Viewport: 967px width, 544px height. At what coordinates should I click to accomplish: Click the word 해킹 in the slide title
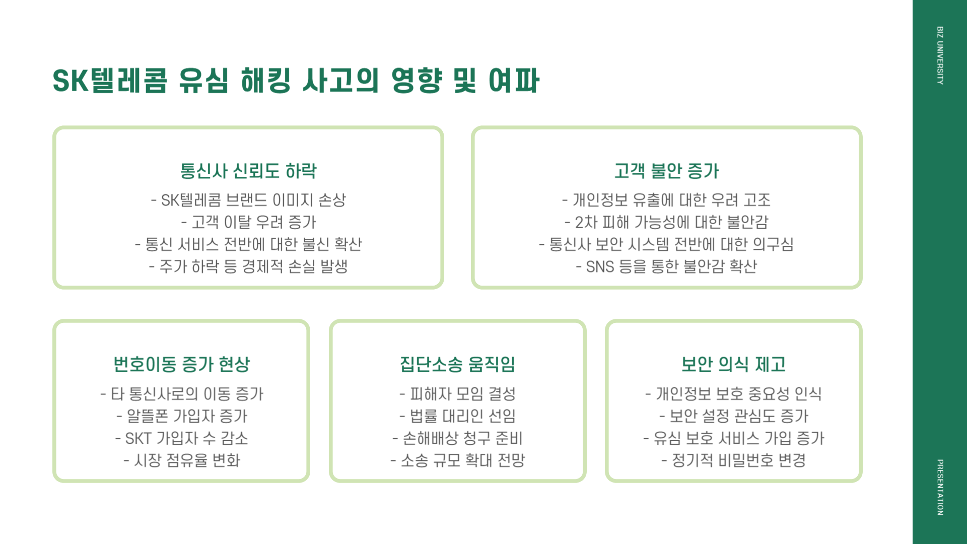click(265, 81)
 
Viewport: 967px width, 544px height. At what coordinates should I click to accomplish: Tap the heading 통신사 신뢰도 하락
click(248, 171)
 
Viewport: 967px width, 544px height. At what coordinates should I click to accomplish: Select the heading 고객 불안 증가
click(666, 171)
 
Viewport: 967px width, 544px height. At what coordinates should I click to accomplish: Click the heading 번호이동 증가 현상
click(181, 364)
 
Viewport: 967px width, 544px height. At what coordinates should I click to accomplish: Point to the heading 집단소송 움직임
click(457, 364)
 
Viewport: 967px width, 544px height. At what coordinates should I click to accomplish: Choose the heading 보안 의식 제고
click(733, 364)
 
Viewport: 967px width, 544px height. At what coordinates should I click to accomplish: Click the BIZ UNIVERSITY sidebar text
click(940, 55)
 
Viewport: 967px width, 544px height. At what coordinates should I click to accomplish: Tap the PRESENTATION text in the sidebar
click(940, 487)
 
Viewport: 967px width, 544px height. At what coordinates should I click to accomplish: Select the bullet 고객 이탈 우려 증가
click(248, 222)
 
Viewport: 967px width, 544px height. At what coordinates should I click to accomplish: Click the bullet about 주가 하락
click(248, 266)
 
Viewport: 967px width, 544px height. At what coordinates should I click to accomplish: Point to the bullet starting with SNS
click(666, 266)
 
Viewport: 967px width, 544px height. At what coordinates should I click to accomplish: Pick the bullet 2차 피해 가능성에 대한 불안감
click(666, 222)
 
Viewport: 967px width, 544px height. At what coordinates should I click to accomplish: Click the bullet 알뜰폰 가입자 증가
click(182, 416)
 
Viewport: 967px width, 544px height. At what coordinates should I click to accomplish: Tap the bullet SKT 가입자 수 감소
click(182, 438)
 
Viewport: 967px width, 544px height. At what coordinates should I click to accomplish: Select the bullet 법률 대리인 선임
click(457, 416)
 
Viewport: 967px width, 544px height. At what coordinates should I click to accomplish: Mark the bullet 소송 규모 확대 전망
click(457, 460)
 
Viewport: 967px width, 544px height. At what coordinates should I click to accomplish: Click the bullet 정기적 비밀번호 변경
click(733, 460)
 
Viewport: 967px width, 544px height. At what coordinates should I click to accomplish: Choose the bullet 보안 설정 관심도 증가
click(733, 416)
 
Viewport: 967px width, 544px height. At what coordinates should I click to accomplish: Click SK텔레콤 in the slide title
click(110, 81)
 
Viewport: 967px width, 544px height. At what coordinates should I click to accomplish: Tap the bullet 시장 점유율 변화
click(182, 460)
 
